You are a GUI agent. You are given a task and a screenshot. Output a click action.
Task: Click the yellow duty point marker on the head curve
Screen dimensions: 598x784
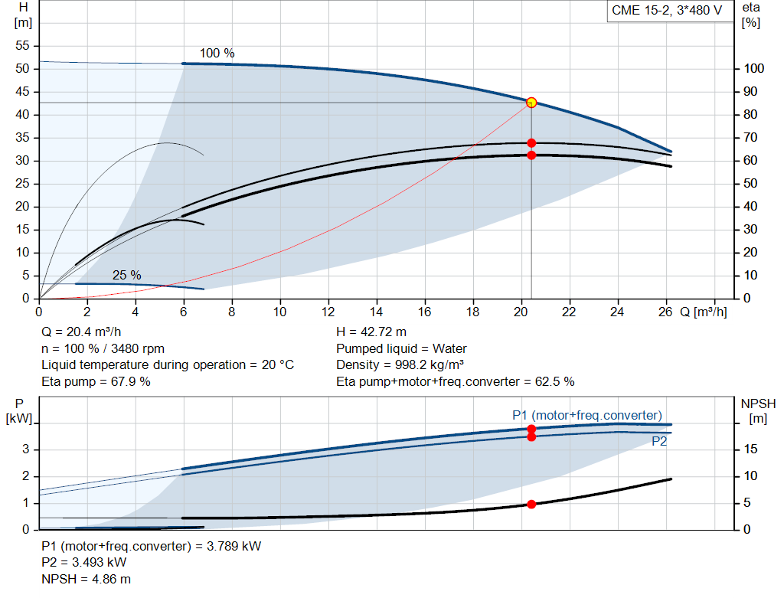pyautogui.click(x=531, y=103)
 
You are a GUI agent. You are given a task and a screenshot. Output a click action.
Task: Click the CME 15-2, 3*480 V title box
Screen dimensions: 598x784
pyautogui.click(x=667, y=11)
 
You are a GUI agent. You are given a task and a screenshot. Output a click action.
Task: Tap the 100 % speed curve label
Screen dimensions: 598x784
pyautogui.click(x=217, y=54)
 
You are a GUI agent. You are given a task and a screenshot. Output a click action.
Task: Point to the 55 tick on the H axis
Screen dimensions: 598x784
pyautogui.click(x=22, y=46)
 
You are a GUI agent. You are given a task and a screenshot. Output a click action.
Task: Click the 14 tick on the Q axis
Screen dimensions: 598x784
pyautogui.click(x=377, y=312)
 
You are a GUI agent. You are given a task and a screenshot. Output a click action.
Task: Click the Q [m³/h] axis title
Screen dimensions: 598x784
pyautogui.click(x=703, y=312)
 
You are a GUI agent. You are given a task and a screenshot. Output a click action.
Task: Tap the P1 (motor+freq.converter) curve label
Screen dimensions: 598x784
pyautogui.click(x=586, y=415)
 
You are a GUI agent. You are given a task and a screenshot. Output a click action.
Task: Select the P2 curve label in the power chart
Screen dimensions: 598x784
pyautogui.click(x=659, y=442)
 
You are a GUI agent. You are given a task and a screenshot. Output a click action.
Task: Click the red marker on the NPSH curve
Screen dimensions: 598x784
pyautogui.click(x=531, y=504)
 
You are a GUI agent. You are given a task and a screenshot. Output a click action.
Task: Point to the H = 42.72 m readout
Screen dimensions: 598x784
pyautogui.click(x=371, y=332)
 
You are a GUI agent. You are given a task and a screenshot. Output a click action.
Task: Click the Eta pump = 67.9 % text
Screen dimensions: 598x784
pyautogui.click(x=96, y=381)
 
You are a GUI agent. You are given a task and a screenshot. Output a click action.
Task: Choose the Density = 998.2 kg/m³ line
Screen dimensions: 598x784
pyautogui.click(x=400, y=364)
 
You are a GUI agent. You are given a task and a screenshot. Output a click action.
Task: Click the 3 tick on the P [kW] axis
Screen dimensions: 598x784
pyautogui.click(x=25, y=449)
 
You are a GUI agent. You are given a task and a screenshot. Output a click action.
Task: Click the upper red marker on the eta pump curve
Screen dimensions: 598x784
pyautogui.click(x=531, y=143)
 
